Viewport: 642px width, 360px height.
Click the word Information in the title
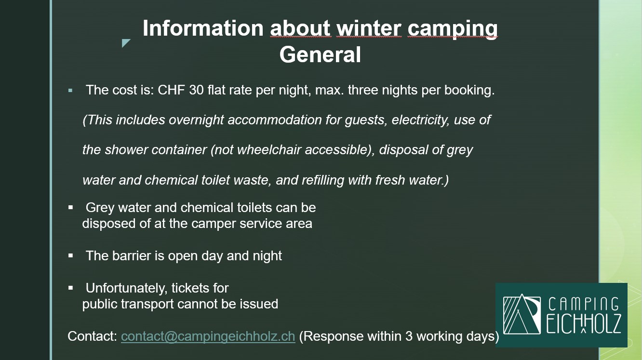click(x=203, y=28)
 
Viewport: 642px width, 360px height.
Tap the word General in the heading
click(x=320, y=54)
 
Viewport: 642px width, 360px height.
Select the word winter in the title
click(x=369, y=28)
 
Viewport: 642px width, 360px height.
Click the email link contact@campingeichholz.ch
click(x=208, y=336)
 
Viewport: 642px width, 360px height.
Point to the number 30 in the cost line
click(x=196, y=90)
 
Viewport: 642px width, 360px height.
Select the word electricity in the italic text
click(x=420, y=120)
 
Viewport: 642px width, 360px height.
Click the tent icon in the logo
click(x=522, y=314)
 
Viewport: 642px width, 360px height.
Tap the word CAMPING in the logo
click(x=584, y=304)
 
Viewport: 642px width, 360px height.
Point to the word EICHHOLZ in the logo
click(x=584, y=324)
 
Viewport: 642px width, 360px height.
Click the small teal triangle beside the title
click(x=125, y=42)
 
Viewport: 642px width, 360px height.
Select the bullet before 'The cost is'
click(x=70, y=91)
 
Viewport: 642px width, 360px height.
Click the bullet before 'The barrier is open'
click(x=70, y=255)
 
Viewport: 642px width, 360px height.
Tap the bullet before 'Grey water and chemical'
click(x=70, y=207)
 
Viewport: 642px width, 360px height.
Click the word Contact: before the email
click(x=92, y=336)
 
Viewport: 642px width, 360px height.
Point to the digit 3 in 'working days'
click(x=409, y=336)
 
